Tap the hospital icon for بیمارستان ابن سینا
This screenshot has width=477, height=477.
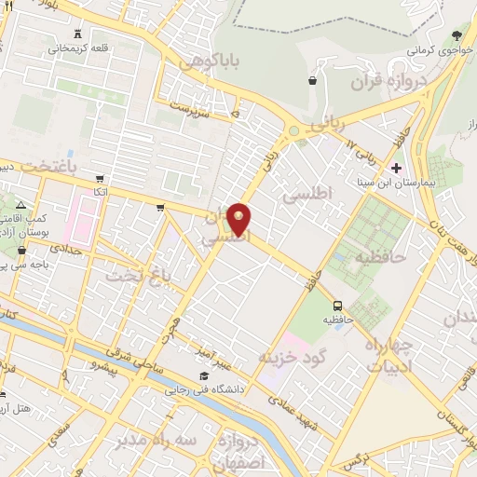[398, 169]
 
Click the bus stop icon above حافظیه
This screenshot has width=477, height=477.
[338, 306]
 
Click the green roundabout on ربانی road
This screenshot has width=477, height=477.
[294, 131]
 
